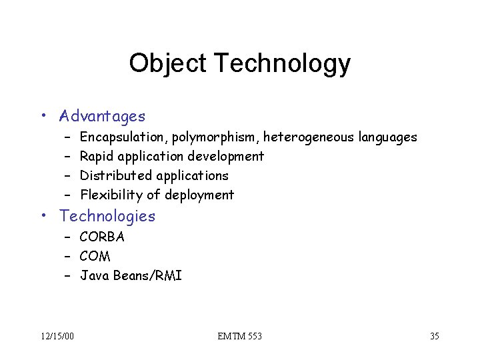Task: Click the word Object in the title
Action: pyautogui.click(x=168, y=63)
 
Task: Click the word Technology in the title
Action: pyautogui.click(x=281, y=63)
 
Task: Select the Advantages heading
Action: pyautogui.click(x=102, y=117)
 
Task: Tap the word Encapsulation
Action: pyautogui.click(x=123, y=137)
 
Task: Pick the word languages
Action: pyautogui.click(x=388, y=137)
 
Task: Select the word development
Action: pyautogui.click(x=226, y=157)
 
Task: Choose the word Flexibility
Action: pyautogui.click(x=112, y=195)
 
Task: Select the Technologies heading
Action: pyautogui.click(x=107, y=216)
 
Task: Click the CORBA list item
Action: pyautogui.click(x=102, y=237)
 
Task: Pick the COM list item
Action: pyautogui.click(x=95, y=256)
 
